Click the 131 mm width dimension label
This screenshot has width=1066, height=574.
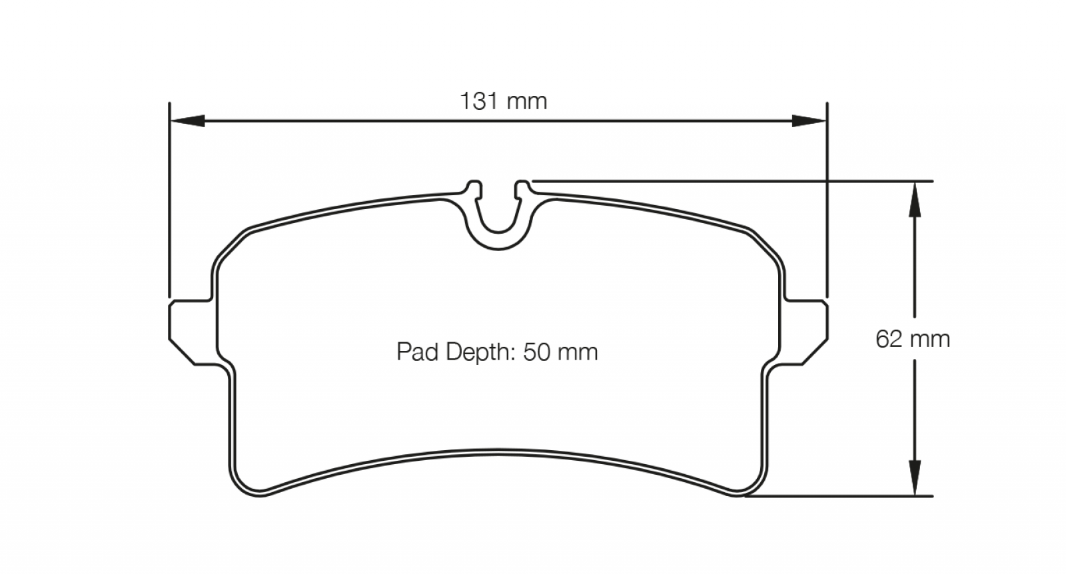[504, 101]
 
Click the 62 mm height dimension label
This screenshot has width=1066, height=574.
[912, 339]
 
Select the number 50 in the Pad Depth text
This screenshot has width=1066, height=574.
[537, 352]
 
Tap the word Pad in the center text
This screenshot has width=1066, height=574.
[417, 352]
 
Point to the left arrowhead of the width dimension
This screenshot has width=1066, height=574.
[187, 121]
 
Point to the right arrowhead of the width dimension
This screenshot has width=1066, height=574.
[809, 121]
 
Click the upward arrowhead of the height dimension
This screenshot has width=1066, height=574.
[915, 200]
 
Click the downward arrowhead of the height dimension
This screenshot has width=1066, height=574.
[915, 477]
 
